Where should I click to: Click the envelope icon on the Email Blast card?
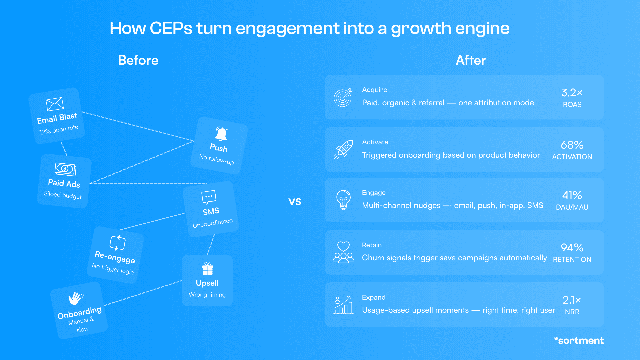tap(55, 104)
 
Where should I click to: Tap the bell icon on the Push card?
tap(221, 134)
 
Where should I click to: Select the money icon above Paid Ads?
tap(65, 169)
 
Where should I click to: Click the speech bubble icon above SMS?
tap(209, 197)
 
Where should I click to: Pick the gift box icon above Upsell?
tap(208, 268)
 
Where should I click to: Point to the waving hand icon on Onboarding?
tap(76, 298)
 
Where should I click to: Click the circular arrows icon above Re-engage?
tap(117, 243)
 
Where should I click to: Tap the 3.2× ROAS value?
tap(572, 93)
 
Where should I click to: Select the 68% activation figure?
tap(572, 145)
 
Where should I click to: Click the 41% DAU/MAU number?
tap(572, 196)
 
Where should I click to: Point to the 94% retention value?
tap(572, 248)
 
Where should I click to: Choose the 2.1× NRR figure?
tap(572, 300)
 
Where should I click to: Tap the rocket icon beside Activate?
tap(343, 149)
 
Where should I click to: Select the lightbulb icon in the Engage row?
tap(343, 200)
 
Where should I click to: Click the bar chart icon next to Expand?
tap(343, 305)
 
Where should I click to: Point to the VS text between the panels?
tap(295, 202)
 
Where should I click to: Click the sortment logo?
tap(579, 340)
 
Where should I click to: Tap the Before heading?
tap(138, 60)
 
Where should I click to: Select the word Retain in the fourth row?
tap(372, 245)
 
